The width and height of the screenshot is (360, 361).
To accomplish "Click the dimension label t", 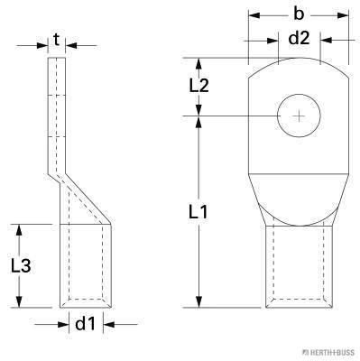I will point(57,40).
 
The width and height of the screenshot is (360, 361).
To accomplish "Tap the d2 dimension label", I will point(299,39).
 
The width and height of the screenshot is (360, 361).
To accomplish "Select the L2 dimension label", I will point(200,87).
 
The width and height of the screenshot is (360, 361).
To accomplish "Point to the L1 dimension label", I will point(200,214).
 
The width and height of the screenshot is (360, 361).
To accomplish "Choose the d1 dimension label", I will point(84,322).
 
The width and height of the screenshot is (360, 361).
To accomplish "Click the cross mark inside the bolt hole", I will point(299,116).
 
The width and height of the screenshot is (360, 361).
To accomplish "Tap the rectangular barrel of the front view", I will point(299,265).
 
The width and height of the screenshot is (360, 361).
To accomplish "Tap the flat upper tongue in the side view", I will point(57,108).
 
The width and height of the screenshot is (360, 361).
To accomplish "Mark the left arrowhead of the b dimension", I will point(250,16).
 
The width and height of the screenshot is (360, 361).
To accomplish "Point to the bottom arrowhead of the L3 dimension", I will point(20,303).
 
